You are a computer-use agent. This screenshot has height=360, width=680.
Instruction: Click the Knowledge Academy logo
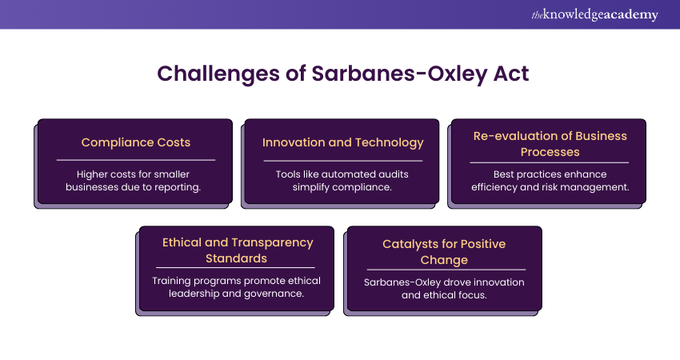(594, 14)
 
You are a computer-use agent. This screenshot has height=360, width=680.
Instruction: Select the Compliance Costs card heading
(136, 142)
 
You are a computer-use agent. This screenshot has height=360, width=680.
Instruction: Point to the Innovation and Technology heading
(342, 142)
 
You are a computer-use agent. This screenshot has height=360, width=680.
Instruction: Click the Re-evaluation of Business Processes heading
(550, 144)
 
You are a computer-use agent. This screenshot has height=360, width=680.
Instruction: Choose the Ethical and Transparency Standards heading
(238, 250)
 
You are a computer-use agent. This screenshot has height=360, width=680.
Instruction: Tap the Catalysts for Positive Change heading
(444, 252)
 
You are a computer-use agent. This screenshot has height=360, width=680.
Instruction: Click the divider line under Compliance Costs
(136, 160)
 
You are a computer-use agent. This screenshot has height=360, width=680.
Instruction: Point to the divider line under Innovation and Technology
(342, 161)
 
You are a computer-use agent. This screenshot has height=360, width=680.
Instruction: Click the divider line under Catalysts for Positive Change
(446, 270)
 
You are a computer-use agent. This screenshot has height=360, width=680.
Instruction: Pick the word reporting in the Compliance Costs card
(178, 187)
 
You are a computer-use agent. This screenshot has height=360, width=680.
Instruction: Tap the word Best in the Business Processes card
(503, 174)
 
